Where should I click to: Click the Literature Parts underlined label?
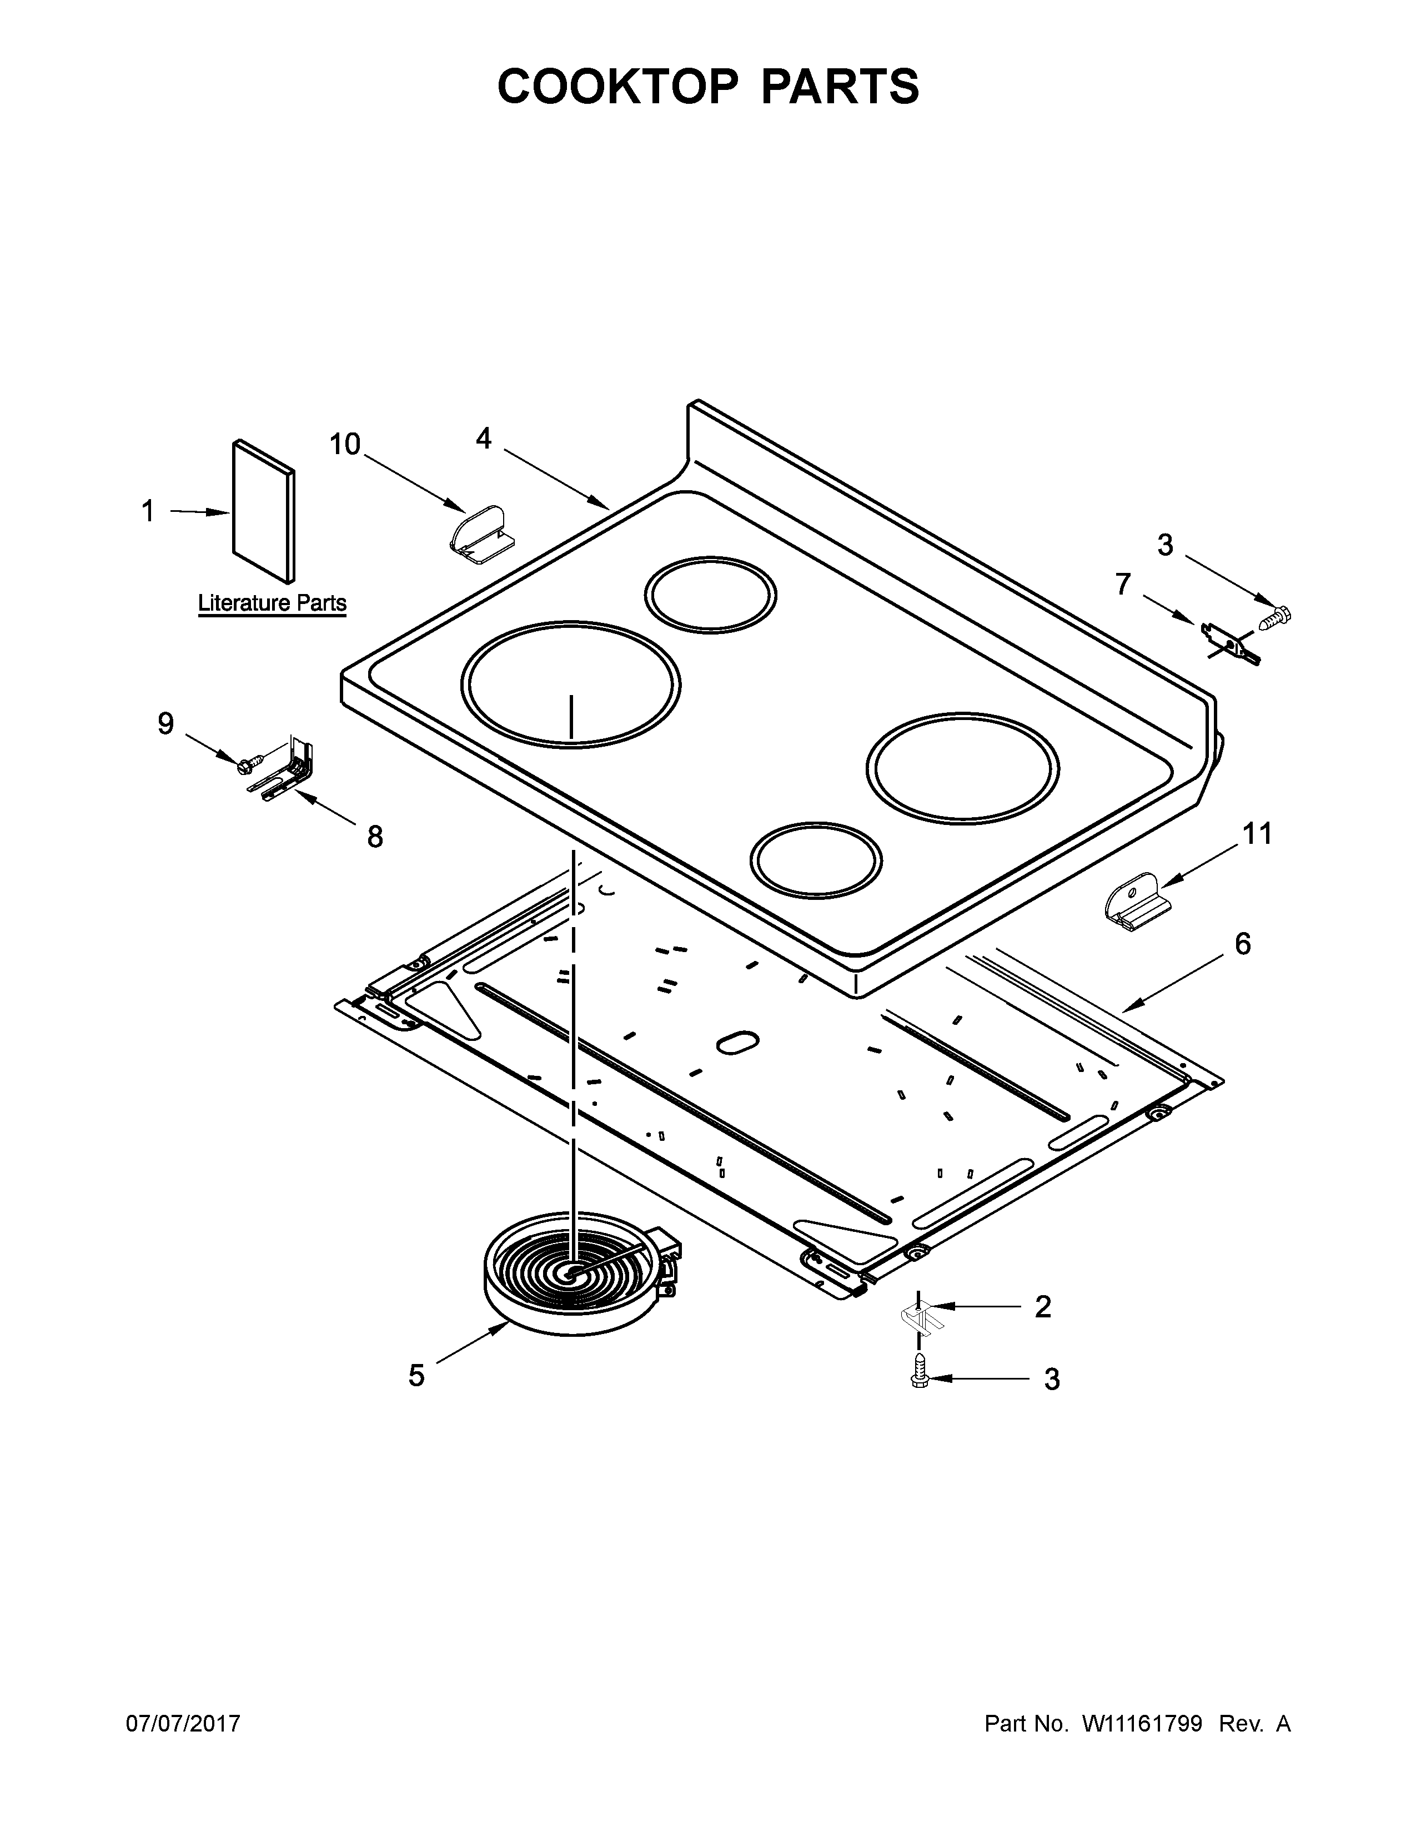(x=272, y=602)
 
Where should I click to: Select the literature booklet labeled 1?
(x=263, y=512)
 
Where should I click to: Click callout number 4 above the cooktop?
(x=484, y=438)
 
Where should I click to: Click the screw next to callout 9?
(x=250, y=762)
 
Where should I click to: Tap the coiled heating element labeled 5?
(x=579, y=1267)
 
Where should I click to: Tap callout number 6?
(x=1242, y=944)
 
